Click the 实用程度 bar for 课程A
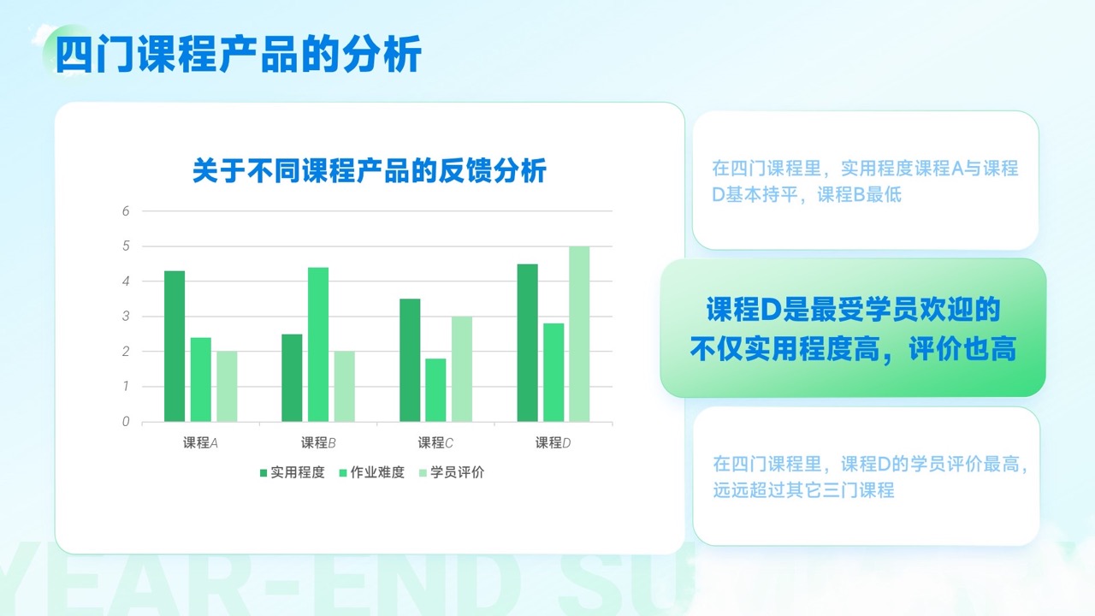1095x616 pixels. pos(175,346)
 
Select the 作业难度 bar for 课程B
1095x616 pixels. pos(318,344)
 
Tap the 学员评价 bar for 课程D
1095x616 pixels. pos(579,334)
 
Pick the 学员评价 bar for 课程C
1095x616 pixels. pos(462,369)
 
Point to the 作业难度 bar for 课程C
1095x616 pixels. pos(435,390)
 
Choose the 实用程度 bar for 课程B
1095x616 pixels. pos(292,378)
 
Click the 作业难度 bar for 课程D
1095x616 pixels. pos(553,372)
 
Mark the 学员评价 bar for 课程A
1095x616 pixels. pos(227,386)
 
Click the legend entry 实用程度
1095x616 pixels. pos(293,472)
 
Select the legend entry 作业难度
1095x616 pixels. pos(372,472)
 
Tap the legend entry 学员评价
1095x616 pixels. pos(452,472)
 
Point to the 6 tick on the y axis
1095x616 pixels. pos(126,211)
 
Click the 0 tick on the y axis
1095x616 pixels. pos(126,422)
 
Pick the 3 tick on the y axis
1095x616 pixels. pos(126,317)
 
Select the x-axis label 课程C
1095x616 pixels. pos(435,443)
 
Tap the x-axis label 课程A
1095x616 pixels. pos(200,443)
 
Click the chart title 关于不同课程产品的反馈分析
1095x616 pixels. pos(370,170)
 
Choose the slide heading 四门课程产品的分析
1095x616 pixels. pos(239,53)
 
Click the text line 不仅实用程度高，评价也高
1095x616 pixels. pos(853,348)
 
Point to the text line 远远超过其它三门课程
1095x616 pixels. pos(803,490)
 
